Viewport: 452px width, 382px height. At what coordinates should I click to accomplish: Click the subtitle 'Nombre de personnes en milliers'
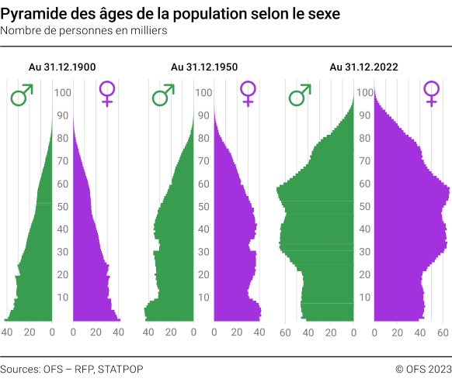83,31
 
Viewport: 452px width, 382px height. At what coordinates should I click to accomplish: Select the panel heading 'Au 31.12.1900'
62,67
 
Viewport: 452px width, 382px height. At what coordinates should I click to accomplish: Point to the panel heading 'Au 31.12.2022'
363,67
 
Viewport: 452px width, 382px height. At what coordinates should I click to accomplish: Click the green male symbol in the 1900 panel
22,96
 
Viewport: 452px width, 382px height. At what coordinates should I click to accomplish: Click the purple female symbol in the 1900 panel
106,94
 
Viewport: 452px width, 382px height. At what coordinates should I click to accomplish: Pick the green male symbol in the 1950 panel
163,96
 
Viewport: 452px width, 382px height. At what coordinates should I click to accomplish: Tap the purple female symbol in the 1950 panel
248,94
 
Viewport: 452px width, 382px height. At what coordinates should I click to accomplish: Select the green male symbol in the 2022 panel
300,96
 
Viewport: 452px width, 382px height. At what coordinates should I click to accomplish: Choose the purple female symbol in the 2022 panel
431,94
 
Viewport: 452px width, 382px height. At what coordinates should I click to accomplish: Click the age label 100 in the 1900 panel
63,93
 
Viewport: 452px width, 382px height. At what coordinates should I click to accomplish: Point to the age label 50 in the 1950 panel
203,207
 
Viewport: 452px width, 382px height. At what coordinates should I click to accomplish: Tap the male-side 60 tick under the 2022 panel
285,332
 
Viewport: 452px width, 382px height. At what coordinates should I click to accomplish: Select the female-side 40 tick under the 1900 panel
118,332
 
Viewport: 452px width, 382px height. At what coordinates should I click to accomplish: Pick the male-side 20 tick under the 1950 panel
170,332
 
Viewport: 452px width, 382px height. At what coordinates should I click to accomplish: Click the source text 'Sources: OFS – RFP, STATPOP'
71,369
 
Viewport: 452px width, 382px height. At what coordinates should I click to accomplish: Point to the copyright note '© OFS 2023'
423,369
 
